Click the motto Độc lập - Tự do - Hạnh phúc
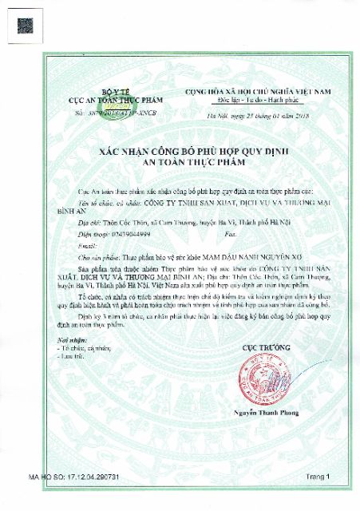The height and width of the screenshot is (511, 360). (x=257, y=103)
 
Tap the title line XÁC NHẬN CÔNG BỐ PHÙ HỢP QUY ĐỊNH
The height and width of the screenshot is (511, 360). (x=180, y=152)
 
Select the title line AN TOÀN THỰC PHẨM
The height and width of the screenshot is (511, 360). (x=180, y=162)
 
